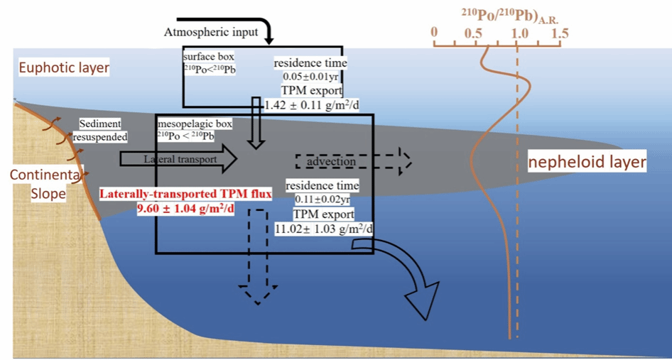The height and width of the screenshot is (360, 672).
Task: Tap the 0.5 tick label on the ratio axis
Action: (x=473, y=33)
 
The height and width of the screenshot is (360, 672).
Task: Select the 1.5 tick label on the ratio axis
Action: (x=559, y=33)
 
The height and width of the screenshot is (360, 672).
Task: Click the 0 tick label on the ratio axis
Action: (x=435, y=33)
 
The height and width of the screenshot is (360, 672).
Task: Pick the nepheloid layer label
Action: (x=587, y=163)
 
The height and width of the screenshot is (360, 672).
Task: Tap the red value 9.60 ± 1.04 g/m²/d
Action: (x=185, y=209)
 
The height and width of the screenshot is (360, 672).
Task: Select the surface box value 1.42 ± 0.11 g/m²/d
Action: (x=303, y=104)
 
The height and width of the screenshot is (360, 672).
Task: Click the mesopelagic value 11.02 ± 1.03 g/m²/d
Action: (x=324, y=229)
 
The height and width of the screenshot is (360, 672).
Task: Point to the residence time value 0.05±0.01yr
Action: (x=307, y=77)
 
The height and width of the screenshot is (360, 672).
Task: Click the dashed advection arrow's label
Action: (x=330, y=162)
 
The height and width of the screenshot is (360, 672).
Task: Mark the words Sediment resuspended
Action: (x=104, y=130)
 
